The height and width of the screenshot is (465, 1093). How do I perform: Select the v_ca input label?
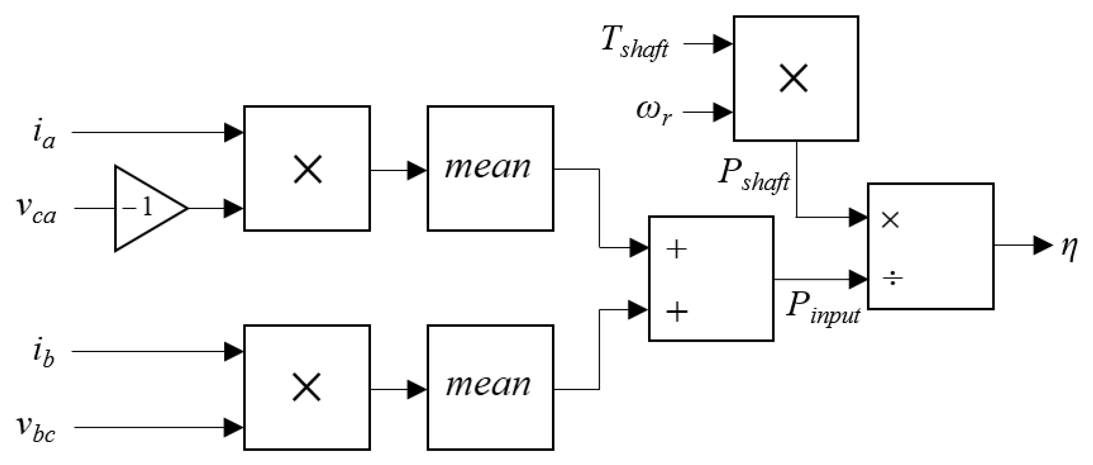click(x=36, y=211)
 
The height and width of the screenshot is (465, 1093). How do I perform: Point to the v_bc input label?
click(x=36, y=428)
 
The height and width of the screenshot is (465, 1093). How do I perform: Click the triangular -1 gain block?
click(x=144, y=208)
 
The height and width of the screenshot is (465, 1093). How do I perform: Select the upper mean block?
click(x=490, y=168)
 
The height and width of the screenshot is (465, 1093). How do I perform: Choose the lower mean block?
click(x=490, y=387)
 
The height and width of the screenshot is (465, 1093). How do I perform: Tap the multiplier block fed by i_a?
click(x=307, y=168)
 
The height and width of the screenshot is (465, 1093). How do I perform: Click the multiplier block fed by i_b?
click(x=307, y=387)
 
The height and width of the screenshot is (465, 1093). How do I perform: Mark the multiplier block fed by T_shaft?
click(x=796, y=79)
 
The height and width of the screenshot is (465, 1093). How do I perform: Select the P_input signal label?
click(x=822, y=308)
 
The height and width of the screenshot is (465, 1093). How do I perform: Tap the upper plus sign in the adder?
click(x=676, y=249)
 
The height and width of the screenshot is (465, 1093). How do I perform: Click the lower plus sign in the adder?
click(x=676, y=312)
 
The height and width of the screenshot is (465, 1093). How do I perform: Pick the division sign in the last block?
click(x=892, y=279)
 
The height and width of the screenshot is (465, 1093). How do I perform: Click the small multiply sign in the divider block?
click(x=890, y=220)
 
